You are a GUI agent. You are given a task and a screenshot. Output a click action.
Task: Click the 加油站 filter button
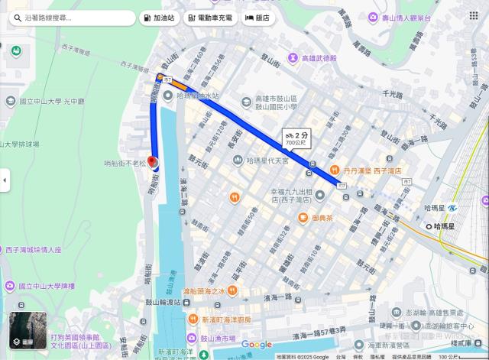[157, 17]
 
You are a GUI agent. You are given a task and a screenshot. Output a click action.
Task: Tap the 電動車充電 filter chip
[210, 17]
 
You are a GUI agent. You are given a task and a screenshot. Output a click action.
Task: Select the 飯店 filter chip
[257, 17]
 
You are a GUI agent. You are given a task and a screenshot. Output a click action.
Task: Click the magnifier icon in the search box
[16, 17]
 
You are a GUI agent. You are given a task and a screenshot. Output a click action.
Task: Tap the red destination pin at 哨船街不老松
[151, 162]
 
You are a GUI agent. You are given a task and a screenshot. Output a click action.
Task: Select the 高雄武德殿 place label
[319, 59]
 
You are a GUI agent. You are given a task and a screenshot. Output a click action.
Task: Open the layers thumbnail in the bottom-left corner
[28, 330]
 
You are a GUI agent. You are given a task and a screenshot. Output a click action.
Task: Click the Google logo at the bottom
[256, 345]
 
